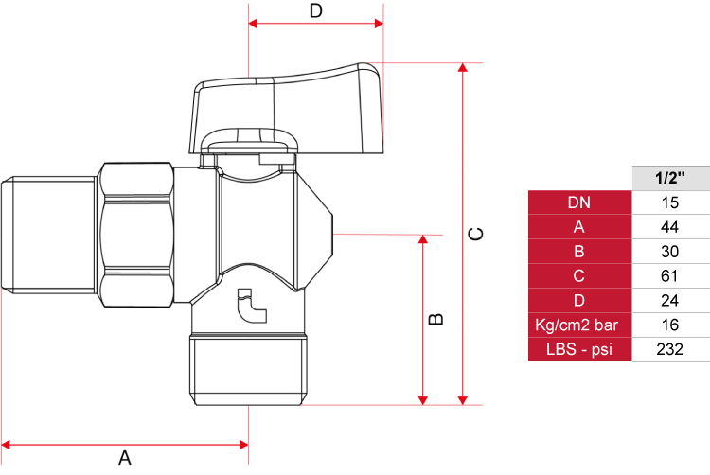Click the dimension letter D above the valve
click(316, 10)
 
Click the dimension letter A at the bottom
click(125, 458)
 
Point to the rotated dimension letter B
click(435, 320)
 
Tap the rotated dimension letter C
click(475, 234)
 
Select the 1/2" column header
click(670, 178)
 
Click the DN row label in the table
click(579, 202)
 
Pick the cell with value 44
click(670, 227)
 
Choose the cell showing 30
click(670, 252)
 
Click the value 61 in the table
click(670, 276)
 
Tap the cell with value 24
click(670, 300)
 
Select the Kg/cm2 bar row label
click(579, 325)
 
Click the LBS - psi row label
click(579, 349)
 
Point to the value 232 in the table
click(670, 349)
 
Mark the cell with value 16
click(670, 325)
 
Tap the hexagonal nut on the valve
click(136, 236)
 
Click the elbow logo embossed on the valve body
click(252, 306)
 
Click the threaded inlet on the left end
click(49, 236)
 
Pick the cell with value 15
click(670, 202)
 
